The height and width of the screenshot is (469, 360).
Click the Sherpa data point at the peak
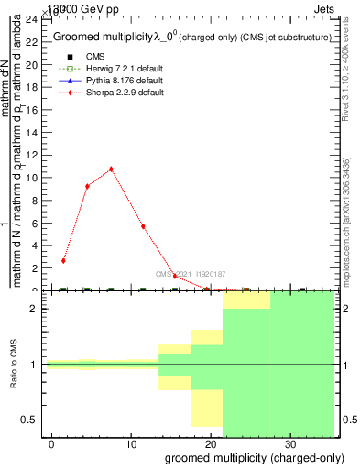tap(111, 169)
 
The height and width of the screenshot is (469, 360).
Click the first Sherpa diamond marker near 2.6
tap(63, 261)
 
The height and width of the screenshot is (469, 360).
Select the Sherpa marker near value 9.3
tap(87, 186)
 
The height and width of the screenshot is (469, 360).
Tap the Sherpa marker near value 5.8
tap(143, 226)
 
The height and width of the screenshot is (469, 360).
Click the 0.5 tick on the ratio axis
tap(35, 420)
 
